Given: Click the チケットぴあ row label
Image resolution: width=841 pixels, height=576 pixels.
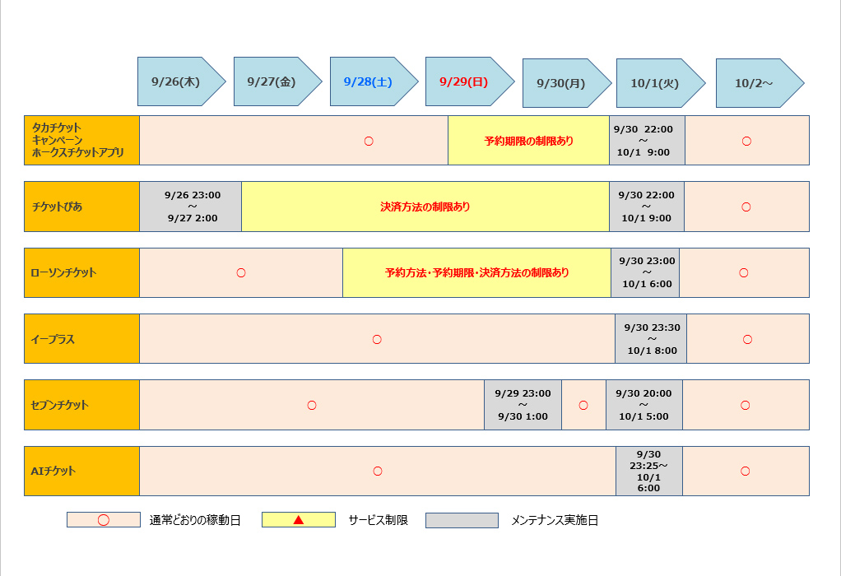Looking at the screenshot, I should [81, 207].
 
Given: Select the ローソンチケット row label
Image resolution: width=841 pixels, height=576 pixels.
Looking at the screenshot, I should [81, 272].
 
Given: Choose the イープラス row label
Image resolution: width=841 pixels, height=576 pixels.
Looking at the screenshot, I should [81, 339].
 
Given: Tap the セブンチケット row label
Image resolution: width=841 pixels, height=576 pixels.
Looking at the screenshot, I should [81, 405].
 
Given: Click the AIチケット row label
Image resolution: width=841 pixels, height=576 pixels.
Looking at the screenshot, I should [81, 471].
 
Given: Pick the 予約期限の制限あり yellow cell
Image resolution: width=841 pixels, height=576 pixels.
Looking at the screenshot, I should [528, 141].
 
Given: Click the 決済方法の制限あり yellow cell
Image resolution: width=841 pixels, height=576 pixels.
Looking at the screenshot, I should [425, 207].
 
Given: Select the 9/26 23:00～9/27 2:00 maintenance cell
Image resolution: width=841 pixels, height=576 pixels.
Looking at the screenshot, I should [191, 207].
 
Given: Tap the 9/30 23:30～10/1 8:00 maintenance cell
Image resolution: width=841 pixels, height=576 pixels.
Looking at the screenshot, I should [651, 339].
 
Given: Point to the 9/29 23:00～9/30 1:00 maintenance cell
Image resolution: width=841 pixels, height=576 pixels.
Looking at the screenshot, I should [523, 405].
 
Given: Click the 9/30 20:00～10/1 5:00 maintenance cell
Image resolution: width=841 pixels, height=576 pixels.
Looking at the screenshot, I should [644, 405].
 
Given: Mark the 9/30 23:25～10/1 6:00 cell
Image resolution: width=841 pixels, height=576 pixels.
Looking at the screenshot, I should [648, 471].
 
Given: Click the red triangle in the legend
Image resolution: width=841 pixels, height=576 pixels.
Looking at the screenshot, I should [299, 520].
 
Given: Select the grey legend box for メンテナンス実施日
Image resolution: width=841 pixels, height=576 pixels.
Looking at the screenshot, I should [462, 520].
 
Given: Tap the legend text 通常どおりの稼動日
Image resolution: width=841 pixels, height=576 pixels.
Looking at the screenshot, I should [195, 521].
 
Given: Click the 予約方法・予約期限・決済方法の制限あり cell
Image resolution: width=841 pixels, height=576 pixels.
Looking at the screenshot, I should [476, 272].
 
